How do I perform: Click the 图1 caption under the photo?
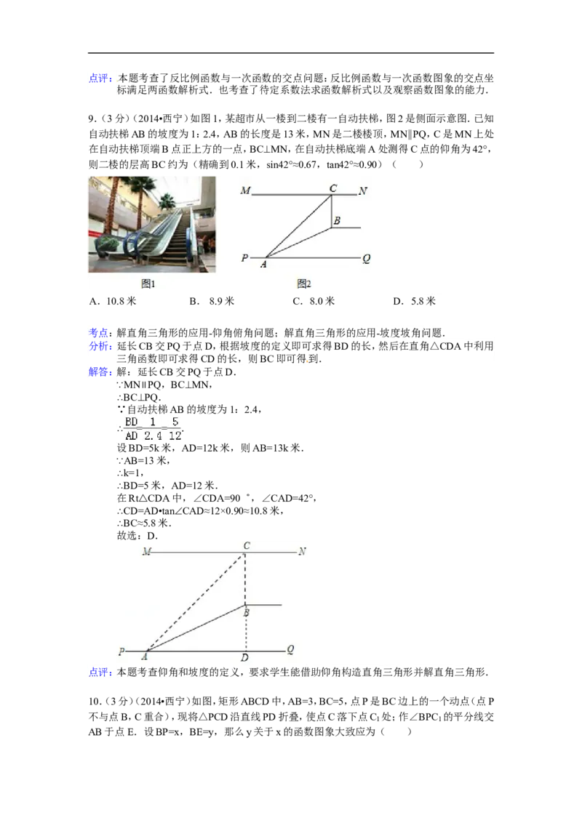click(148, 284)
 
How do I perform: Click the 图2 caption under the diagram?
click(304, 284)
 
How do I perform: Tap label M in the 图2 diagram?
click(245, 190)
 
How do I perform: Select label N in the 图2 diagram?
click(362, 190)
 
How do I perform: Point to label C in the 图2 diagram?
click(333, 188)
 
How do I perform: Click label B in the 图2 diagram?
click(337, 220)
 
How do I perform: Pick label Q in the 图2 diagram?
click(366, 257)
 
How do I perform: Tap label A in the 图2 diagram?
click(263, 265)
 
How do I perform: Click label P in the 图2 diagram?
click(245, 258)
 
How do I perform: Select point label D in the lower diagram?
click(245, 658)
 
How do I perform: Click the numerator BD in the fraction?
click(131, 421)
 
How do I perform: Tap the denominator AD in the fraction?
click(131, 435)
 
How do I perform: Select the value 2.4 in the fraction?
click(152, 435)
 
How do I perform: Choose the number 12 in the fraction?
click(175, 435)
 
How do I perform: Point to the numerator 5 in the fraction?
click(175, 421)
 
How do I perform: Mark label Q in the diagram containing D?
click(290, 649)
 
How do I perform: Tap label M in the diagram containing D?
click(146, 552)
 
